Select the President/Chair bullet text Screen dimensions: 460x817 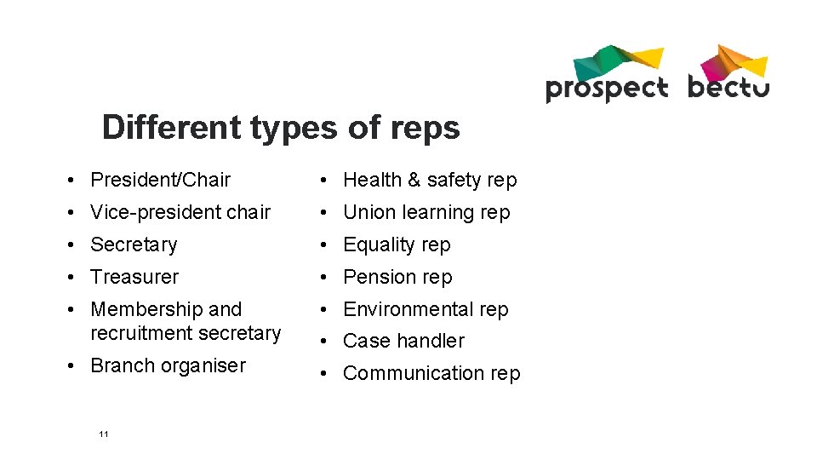(160, 180)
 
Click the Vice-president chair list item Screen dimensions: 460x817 (180, 212)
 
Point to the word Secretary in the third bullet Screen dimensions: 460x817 (134, 244)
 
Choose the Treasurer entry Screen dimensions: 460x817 (134, 277)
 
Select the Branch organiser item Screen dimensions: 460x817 (168, 365)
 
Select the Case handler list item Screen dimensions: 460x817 (403, 341)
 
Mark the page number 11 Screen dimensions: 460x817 (104, 434)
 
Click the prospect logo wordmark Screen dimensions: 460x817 (606, 89)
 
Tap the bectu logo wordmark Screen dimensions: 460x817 (728, 87)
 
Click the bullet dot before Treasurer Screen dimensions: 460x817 (76, 277)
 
